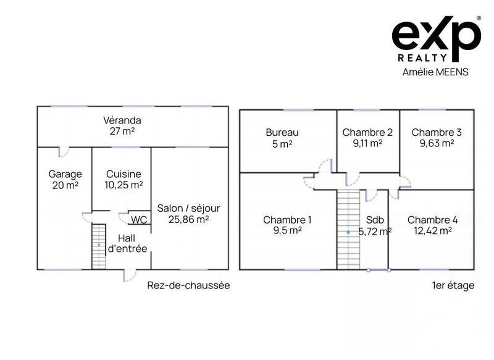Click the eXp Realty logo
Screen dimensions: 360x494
click(x=436, y=39)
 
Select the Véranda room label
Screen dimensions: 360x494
click(x=122, y=120)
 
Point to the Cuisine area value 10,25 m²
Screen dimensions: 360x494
click(x=124, y=185)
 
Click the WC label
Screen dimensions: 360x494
click(x=138, y=219)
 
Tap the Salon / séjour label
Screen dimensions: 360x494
click(x=188, y=208)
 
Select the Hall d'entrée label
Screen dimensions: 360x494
click(x=127, y=243)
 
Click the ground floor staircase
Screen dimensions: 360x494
click(x=99, y=246)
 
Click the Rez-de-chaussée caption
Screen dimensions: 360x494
click(x=188, y=285)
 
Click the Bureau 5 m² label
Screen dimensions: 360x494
click(x=282, y=138)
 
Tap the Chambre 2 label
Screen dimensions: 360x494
click(x=367, y=132)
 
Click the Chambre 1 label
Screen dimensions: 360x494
click(x=287, y=219)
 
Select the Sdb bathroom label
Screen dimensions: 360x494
click(x=375, y=219)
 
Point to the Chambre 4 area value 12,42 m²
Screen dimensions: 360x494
click(x=432, y=230)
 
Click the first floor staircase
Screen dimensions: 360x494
click(x=348, y=229)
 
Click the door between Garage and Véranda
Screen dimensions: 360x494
click(x=62, y=151)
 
